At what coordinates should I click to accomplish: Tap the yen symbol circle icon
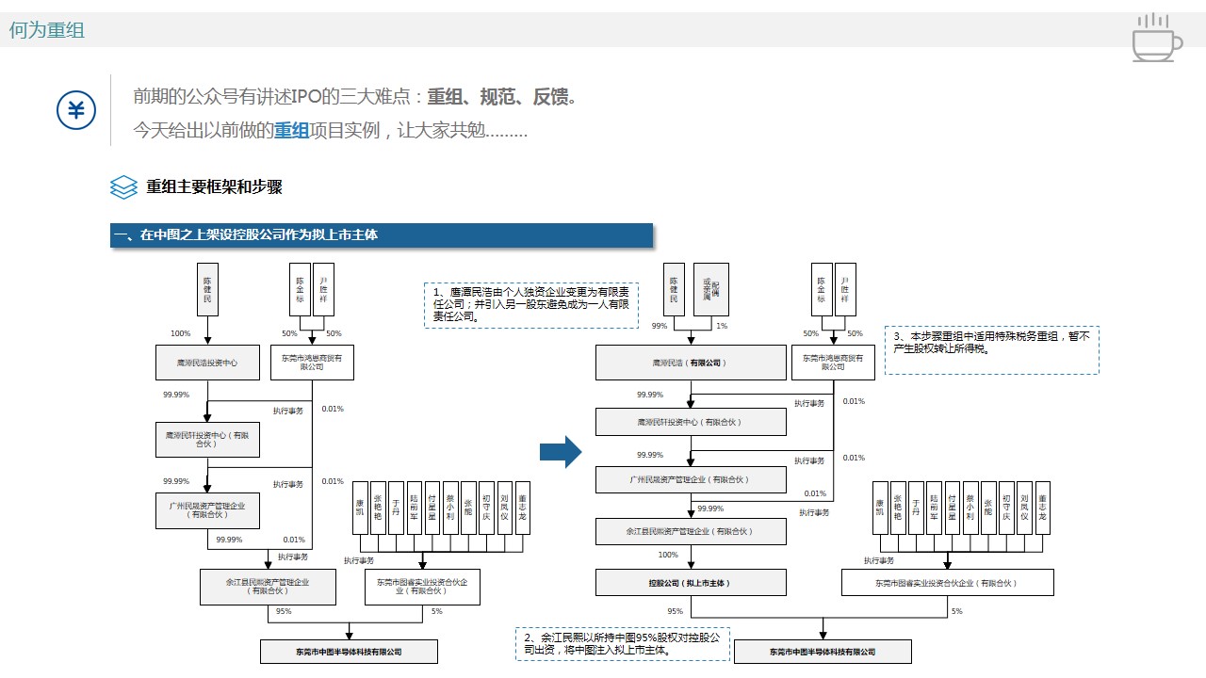76,111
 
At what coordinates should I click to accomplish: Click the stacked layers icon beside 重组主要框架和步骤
123,186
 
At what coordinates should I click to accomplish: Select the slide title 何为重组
47,30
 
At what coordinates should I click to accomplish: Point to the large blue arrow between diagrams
561,452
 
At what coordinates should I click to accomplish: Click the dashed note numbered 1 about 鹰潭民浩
531,305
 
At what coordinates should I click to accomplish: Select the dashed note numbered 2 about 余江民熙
622,644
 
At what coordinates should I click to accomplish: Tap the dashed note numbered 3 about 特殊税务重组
991,349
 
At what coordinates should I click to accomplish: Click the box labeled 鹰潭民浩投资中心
207,363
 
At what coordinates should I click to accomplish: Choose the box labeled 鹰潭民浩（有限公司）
690,363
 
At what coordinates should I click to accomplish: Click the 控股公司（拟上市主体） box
690,583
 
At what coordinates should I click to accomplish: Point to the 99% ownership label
659,326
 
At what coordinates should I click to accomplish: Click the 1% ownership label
722,326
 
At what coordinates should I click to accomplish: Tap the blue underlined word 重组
291,130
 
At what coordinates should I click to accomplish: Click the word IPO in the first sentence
306,96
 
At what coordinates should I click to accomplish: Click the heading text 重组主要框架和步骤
214,186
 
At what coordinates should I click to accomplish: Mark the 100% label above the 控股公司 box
668,555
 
